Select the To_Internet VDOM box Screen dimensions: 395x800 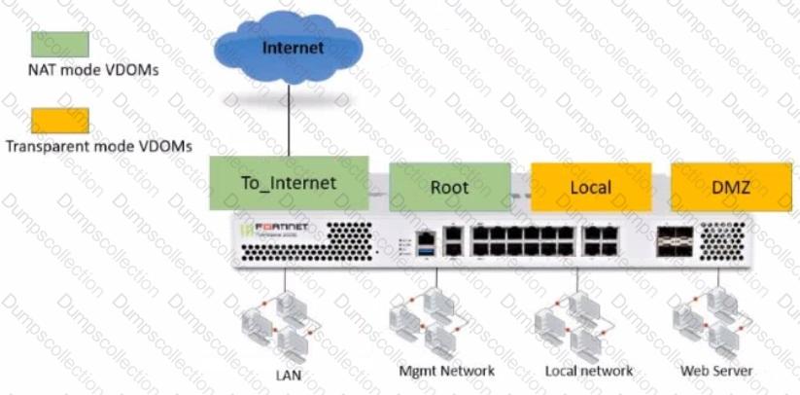[289, 184]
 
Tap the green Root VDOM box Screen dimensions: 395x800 [450, 186]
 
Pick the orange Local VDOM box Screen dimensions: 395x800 [590, 186]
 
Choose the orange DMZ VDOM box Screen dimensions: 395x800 [731, 186]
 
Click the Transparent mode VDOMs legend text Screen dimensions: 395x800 [98, 145]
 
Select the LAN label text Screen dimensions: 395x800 [285, 373]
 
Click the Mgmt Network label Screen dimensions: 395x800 [447, 371]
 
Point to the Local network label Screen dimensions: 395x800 [588, 371]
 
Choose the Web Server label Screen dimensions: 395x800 [717, 371]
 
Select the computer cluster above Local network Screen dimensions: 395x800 [574, 324]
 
